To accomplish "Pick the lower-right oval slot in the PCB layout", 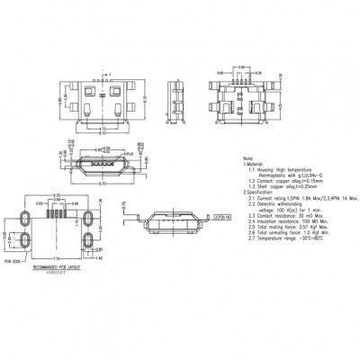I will click(89, 239).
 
